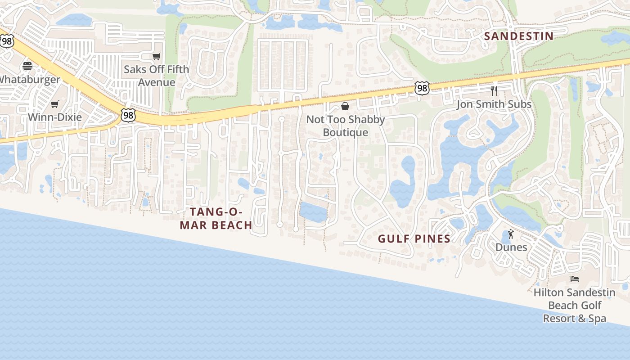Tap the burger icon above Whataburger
click(x=27, y=67)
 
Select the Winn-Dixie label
click(x=55, y=117)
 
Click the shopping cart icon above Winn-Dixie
click(x=55, y=104)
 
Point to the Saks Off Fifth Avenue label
click(x=156, y=76)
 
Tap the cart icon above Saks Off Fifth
click(x=156, y=57)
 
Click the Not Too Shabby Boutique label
click(x=346, y=126)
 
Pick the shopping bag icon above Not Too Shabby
click(x=345, y=106)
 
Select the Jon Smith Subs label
click(x=494, y=104)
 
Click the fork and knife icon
click(x=494, y=90)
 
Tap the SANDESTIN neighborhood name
click(x=519, y=36)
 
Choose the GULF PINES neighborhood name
click(x=414, y=239)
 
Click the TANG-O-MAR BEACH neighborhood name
click(x=216, y=218)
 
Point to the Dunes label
click(x=511, y=247)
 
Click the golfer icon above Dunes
click(x=511, y=234)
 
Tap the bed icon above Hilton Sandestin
click(x=575, y=279)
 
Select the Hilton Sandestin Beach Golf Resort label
click(x=575, y=306)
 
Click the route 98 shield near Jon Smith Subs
click(x=422, y=88)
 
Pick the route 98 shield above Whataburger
click(x=7, y=41)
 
